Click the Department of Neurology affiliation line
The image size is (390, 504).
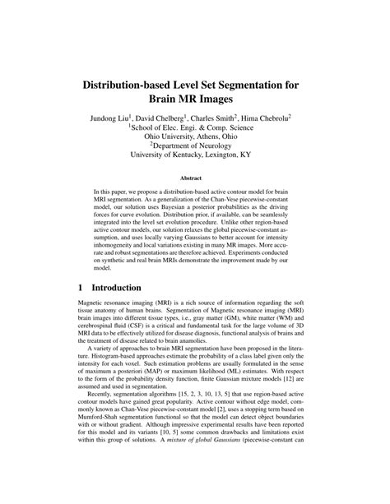click(x=196, y=141)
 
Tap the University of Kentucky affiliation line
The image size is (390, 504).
click(x=195, y=153)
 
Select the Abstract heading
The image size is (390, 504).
click(x=194, y=177)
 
